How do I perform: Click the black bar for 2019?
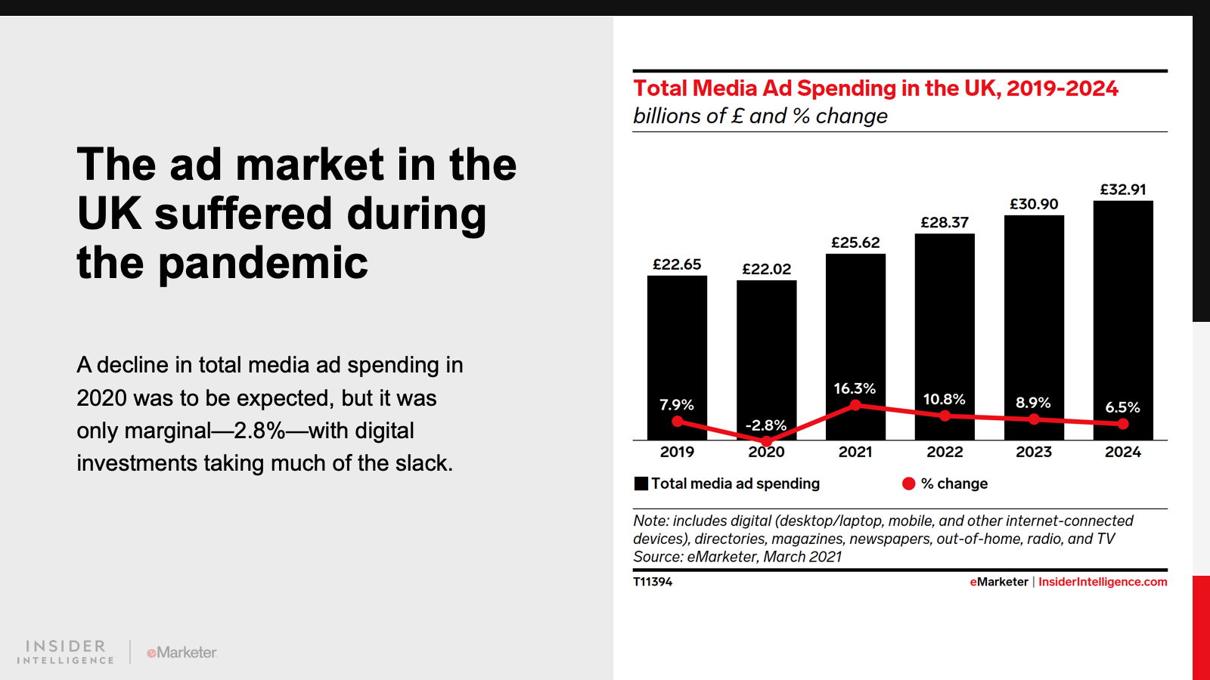tap(677, 340)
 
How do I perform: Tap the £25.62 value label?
tap(855, 243)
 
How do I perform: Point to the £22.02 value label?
tap(766, 269)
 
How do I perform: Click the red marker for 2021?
tap(855, 405)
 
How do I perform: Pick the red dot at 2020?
tap(766, 440)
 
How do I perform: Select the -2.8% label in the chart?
tap(766, 425)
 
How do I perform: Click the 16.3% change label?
tap(855, 388)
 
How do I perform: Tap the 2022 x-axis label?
tap(945, 452)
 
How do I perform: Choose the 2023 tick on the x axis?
tap(1034, 452)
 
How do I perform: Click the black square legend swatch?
tap(641, 484)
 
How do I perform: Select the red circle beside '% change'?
tap(909, 484)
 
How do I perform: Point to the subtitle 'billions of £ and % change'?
tap(760, 116)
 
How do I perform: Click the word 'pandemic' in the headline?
tap(262, 263)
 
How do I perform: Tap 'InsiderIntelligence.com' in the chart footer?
tap(1103, 582)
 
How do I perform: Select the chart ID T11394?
tap(653, 582)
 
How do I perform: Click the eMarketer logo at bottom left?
tap(181, 652)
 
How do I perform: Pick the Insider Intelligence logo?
tap(66, 652)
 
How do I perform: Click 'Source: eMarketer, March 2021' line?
tap(737, 557)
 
